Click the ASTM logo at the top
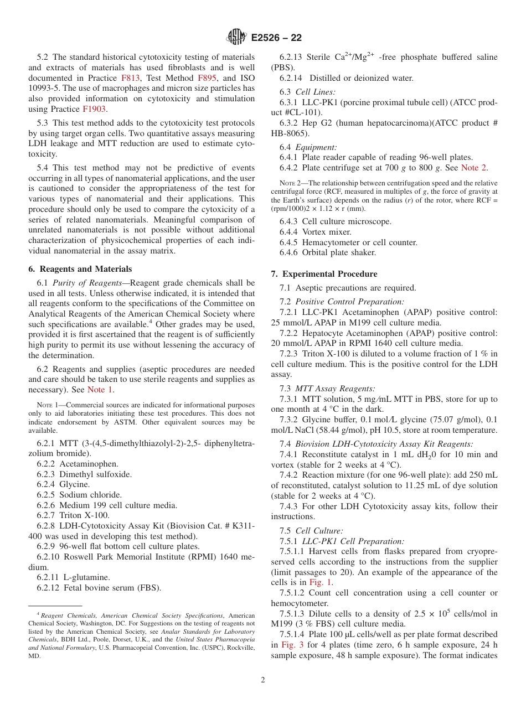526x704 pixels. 236,37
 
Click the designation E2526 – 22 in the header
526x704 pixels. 276,38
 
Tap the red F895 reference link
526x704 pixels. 207,78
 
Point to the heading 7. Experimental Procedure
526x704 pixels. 324,274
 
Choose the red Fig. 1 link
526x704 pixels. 321,582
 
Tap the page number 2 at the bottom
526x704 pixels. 263,680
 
